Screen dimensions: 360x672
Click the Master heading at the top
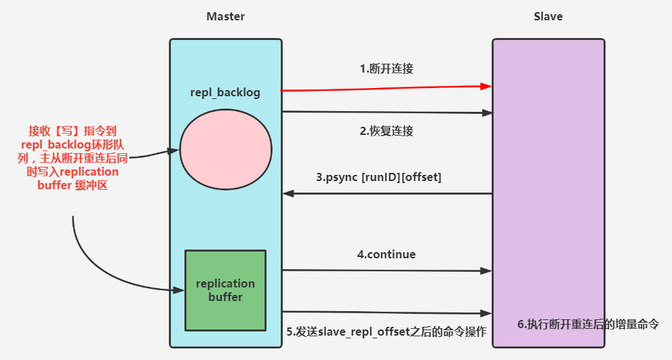[x=225, y=16]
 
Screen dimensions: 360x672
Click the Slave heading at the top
[x=548, y=16]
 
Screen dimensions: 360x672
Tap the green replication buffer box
[x=225, y=290]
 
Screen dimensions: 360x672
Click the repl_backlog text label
[x=225, y=91]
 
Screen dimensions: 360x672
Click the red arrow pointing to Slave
[x=387, y=88]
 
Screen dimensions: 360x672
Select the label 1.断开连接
[x=386, y=68]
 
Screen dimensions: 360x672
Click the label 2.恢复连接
[x=386, y=132]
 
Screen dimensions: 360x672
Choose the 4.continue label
[x=387, y=255]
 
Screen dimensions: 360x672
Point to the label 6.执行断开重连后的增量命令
[x=588, y=324]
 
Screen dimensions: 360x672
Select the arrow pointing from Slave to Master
[x=387, y=194]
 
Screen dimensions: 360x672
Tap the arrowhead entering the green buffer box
[x=180, y=290]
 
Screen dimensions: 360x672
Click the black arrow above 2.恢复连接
[x=387, y=113]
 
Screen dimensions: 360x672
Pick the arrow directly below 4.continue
[x=387, y=271]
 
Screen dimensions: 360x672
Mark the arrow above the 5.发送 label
[x=387, y=313]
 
